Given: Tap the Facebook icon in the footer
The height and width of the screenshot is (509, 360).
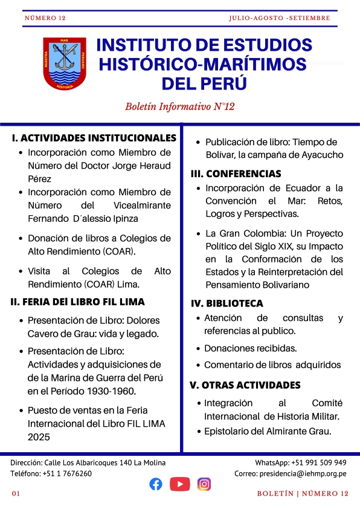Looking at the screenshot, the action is click(x=156, y=484).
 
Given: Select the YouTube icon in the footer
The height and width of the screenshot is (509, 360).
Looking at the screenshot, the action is click(x=180, y=484).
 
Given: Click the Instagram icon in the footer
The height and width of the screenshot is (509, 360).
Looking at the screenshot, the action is click(x=205, y=484).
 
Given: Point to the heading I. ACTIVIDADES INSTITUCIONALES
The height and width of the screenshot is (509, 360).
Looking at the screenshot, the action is click(x=94, y=138).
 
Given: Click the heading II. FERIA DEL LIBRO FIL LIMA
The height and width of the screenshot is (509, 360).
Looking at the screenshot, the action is click(x=78, y=301).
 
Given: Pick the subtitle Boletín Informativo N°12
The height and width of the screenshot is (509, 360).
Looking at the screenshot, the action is click(x=179, y=106).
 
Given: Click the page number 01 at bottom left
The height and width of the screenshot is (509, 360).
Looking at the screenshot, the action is click(x=16, y=494).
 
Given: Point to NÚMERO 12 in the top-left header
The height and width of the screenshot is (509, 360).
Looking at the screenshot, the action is click(x=45, y=18).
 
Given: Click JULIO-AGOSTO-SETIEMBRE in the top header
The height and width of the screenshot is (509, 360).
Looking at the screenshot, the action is click(x=280, y=18).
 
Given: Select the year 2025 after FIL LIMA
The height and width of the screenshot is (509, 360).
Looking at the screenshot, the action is click(x=39, y=436).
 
